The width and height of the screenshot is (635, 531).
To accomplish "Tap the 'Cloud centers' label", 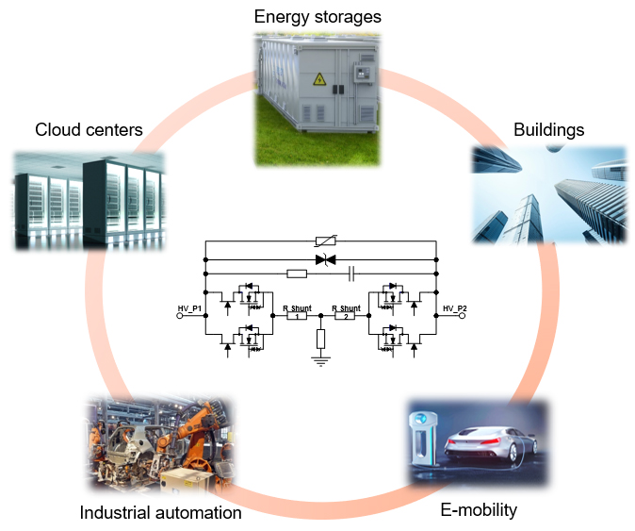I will click(89, 129).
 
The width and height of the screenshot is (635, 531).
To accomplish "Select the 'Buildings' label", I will click(548, 129).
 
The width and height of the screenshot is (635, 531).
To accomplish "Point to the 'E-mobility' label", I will click(480, 510).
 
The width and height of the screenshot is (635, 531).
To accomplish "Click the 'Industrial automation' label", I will click(160, 512).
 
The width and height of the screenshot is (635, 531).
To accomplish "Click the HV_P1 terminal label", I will click(190, 307).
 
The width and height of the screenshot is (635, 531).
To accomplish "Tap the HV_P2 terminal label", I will click(454, 307).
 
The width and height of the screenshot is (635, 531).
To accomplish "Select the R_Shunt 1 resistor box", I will click(298, 317).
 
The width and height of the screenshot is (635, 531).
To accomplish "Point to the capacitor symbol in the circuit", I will click(350, 274).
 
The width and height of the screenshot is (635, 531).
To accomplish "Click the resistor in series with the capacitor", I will click(297, 274).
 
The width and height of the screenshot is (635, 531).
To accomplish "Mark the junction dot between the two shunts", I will click(321, 317).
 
